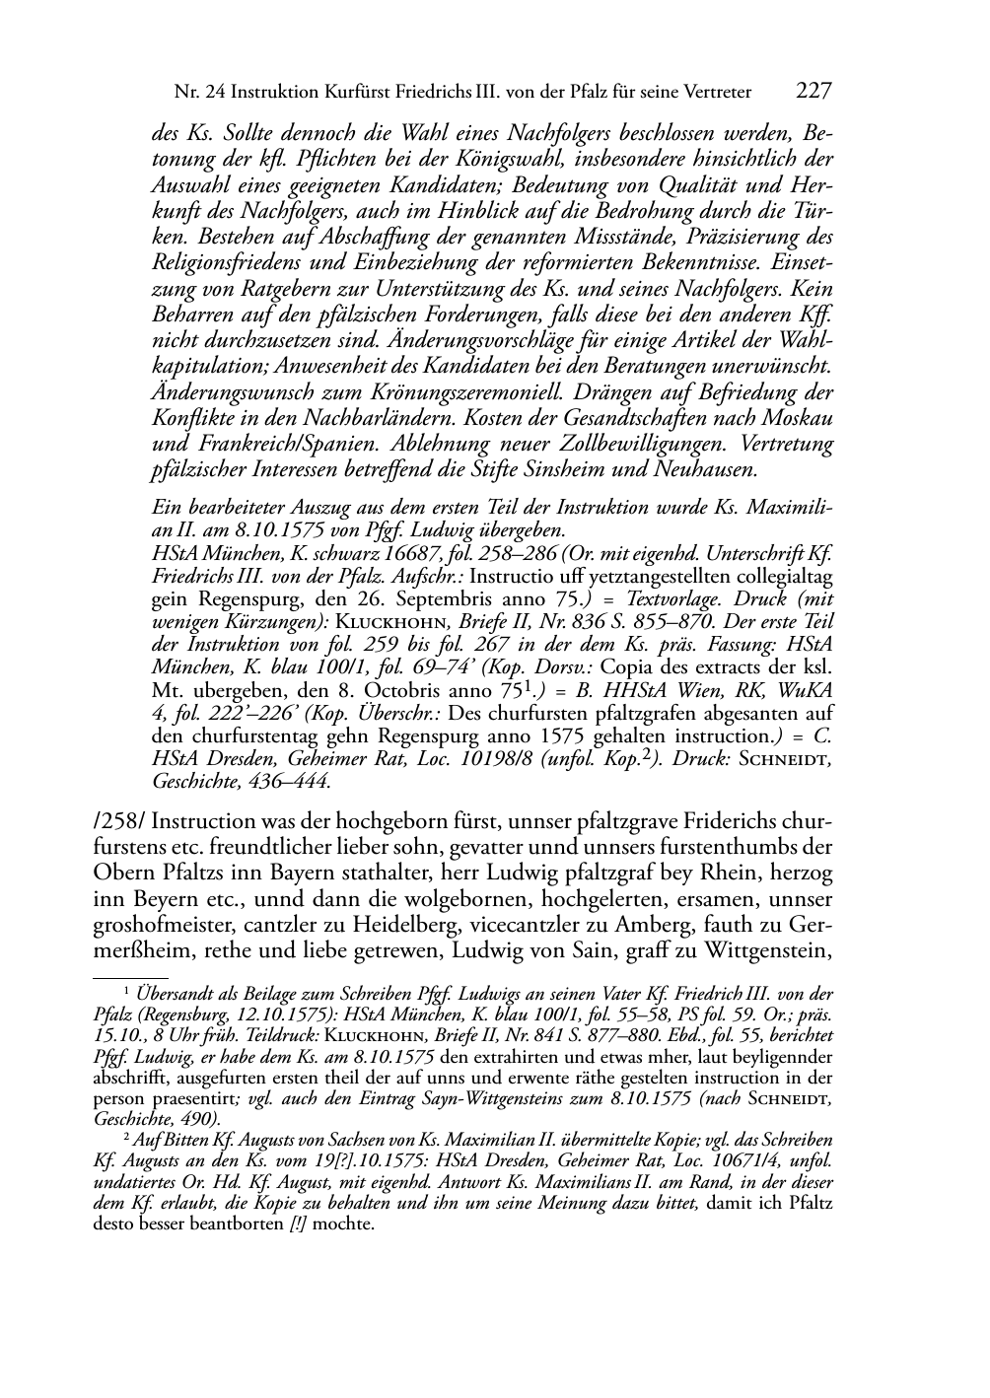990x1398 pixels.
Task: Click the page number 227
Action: click(x=813, y=92)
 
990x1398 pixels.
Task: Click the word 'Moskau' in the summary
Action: click(x=799, y=417)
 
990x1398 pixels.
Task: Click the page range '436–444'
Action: click(x=290, y=781)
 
